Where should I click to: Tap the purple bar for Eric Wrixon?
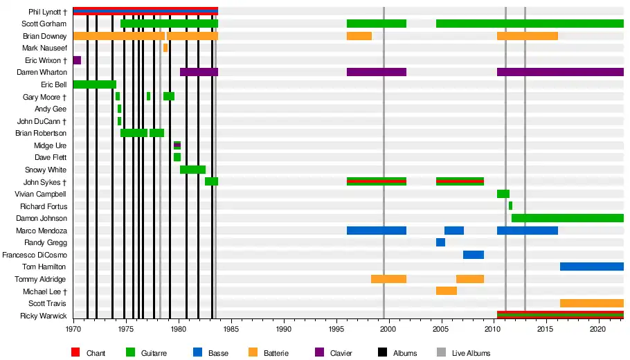(x=77, y=60)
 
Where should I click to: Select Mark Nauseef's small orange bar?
(x=165, y=48)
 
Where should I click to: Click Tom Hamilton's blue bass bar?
(x=591, y=267)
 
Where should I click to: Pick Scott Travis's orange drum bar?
(x=591, y=303)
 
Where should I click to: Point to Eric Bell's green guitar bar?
(x=94, y=84)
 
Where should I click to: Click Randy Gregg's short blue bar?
(x=440, y=242)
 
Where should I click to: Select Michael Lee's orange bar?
(x=447, y=291)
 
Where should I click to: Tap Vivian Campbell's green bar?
(x=503, y=194)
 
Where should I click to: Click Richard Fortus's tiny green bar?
(x=510, y=206)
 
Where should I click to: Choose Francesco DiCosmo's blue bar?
(x=474, y=255)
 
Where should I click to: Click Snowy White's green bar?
(x=192, y=170)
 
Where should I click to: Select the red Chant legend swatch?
(x=76, y=353)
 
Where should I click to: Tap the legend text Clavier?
(x=341, y=353)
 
